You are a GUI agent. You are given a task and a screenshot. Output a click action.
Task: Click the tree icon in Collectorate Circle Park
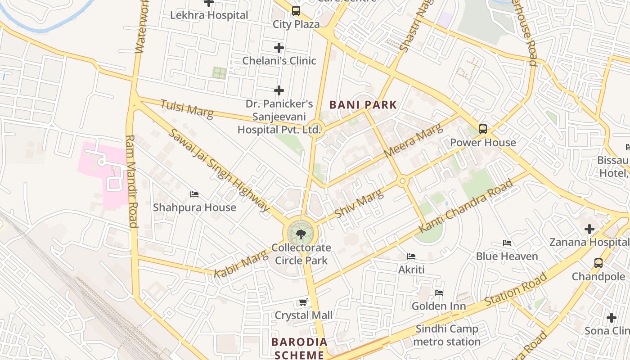point(301,234)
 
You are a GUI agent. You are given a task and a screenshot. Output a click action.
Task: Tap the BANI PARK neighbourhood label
point(363,105)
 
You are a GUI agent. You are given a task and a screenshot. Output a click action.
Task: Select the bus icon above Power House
point(483,129)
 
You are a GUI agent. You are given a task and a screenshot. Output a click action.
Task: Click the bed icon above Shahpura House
point(194,194)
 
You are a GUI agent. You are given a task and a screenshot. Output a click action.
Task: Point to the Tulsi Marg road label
point(186,108)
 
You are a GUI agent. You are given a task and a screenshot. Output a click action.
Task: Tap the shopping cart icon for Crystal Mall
point(303,302)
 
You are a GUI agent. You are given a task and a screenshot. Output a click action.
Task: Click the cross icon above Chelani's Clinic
point(279,48)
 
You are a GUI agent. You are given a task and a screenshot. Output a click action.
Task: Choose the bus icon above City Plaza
point(296,11)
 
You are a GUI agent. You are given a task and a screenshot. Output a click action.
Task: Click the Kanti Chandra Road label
point(466,206)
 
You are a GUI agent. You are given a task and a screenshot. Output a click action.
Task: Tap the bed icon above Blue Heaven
point(507,243)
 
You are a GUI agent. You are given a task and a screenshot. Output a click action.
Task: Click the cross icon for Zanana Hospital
point(589,229)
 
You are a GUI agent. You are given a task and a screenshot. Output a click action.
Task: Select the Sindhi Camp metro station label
point(446,335)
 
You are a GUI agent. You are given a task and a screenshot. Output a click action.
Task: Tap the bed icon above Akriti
point(411,256)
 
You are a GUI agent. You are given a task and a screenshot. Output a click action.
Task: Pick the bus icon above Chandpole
point(598,263)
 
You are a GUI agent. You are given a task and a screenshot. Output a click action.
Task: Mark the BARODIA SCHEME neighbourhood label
point(299,348)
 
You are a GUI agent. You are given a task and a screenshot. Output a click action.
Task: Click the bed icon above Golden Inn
point(439,293)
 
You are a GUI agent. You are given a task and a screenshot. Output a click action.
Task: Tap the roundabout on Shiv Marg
point(402,181)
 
